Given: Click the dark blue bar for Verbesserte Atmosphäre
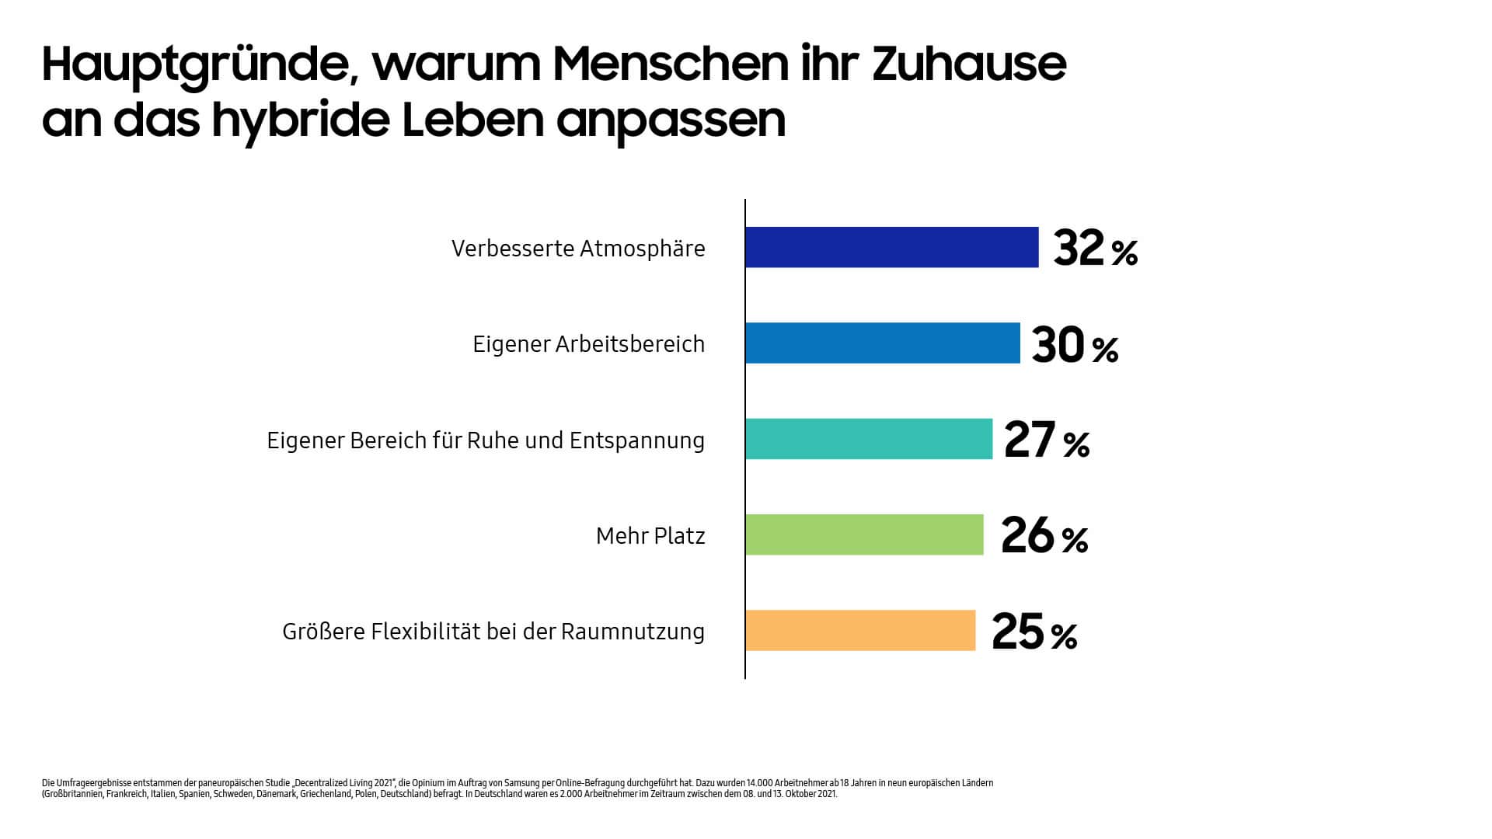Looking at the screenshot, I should pos(891,247).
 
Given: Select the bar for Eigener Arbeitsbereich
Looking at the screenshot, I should pos(882,343).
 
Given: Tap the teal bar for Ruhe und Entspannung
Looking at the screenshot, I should pos(868,439).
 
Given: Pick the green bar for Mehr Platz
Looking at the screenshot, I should pos(863,534).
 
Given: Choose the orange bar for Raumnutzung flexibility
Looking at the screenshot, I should pos(859,630).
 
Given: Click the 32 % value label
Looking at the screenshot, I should pos(1095,249).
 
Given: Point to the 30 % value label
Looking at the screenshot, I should pos(1075,345).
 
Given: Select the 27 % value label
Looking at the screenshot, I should pos(1046,440).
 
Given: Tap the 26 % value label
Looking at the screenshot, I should pos(1044,536).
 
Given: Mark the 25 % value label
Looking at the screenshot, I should pos(1034,632).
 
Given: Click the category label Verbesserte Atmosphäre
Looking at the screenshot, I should pos(578,249).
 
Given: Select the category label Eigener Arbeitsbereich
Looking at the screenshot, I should pos(588,344).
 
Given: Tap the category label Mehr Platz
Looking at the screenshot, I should pos(650,536).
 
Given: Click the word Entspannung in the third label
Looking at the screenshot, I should pos(636,441).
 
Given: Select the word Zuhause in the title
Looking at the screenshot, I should pos(968,64).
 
